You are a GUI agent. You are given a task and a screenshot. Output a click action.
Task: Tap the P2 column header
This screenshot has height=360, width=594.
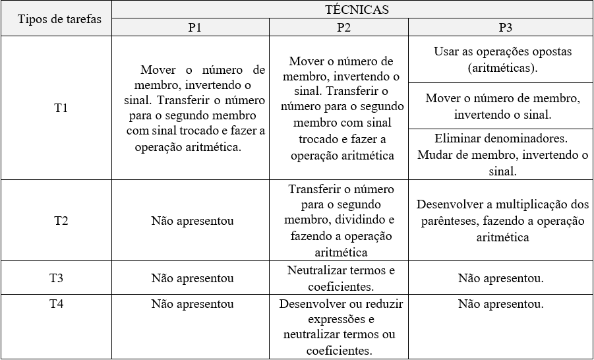click(343, 28)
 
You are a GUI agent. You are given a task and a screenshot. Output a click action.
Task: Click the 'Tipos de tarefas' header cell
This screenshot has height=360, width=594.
click(60, 18)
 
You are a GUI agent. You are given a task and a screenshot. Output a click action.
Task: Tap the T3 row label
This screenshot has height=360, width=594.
click(57, 278)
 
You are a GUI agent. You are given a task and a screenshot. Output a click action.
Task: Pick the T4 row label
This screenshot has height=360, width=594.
click(57, 304)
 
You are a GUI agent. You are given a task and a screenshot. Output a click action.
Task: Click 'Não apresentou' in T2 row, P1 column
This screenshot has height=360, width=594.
click(192, 221)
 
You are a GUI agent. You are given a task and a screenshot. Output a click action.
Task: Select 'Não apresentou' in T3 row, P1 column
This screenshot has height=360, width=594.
click(192, 278)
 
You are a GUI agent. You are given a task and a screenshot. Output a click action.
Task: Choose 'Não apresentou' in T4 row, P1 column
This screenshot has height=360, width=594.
click(192, 304)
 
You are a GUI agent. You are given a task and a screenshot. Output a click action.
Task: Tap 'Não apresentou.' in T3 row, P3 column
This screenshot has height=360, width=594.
click(501, 278)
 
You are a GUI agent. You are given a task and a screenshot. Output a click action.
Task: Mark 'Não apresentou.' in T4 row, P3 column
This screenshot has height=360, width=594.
click(501, 305)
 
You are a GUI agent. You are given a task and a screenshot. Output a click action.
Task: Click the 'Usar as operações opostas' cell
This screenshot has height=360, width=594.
click(502, 59)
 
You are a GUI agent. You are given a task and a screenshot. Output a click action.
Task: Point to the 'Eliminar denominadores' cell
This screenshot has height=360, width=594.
click(502, 155)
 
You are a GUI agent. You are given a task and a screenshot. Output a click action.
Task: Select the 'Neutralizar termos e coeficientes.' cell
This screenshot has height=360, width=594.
click(341, 278)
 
